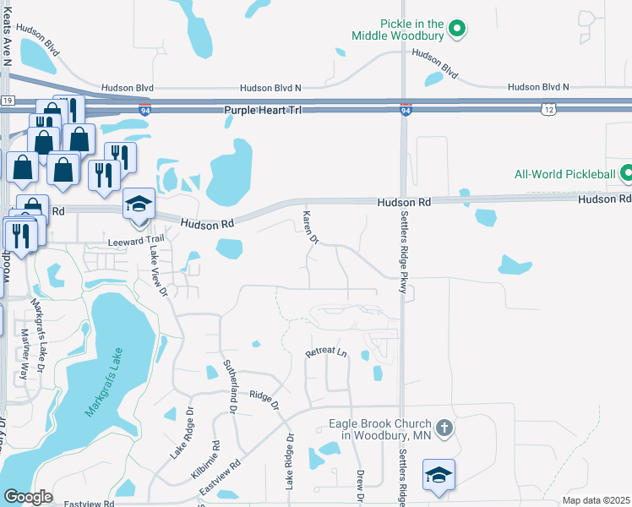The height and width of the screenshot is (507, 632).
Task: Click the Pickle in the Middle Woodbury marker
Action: click(x=457, y=30)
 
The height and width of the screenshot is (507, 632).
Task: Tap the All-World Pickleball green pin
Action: click(x=626, y=175)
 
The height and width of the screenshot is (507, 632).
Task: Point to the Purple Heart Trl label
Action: click(x=263, y=111)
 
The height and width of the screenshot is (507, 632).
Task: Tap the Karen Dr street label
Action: click(x=309, y=228)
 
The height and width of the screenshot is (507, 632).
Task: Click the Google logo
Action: click(x=27, y=497)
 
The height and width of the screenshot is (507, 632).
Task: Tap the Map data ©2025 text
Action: click(x=595, y=499)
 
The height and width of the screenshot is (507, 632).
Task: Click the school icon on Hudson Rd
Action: click(x=139, y=204)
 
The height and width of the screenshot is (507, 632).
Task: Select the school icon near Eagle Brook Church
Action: click(x=439, y=475)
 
